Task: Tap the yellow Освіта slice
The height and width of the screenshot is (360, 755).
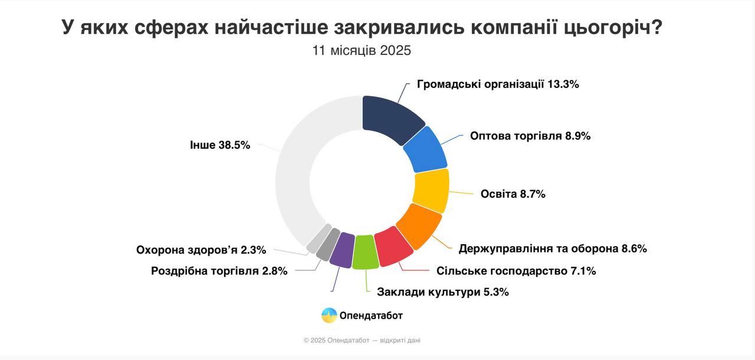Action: pyautogui.click(x=431, y=190)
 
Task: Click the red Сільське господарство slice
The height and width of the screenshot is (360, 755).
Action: pyautogui.click(x=393, y=247)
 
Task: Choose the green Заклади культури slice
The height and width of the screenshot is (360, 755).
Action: pyautogui.click(x=365, y=252)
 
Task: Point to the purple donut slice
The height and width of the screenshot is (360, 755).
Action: pyautogui.click(x=342, y=249)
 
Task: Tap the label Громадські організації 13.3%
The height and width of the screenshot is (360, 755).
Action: pyautogui.click(x=498, y=84)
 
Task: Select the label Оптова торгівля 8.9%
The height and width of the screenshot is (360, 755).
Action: pyautogui.click(x=530, y=136)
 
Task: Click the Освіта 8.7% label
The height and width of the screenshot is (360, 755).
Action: pyautogui.click(x=513, y=194)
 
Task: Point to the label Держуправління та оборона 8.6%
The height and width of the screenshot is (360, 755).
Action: pyautogui.click(x=553, y=248)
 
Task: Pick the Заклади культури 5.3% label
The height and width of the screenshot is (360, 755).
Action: pyautogui.click(x=442, y=292)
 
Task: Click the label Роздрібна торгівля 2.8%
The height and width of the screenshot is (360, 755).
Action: pyautogui.click(x=219, y=271)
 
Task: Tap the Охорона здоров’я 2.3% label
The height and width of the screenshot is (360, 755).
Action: pyautogui.click(x=201, y=250)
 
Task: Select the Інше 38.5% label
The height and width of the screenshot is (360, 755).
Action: pyautogui.click(x=220, y=145)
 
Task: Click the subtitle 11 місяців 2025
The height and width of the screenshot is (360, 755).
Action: pyautogui.click(x=362, y=50)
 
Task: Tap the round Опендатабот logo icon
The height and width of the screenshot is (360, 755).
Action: pyautogui.click(x=329, y=316)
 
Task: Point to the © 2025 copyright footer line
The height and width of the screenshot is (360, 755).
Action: pyautogui.click(x=362, y=341)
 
